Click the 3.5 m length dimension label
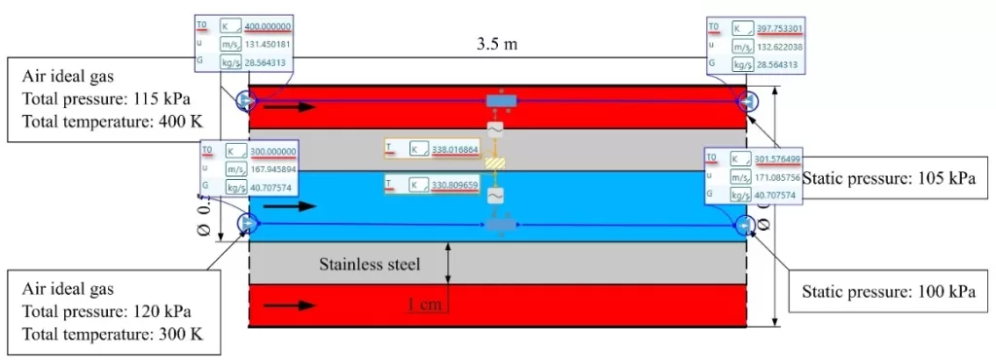tap(497, 44)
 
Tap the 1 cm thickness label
tap(428, 305)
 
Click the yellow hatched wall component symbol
tap(496, 163)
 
